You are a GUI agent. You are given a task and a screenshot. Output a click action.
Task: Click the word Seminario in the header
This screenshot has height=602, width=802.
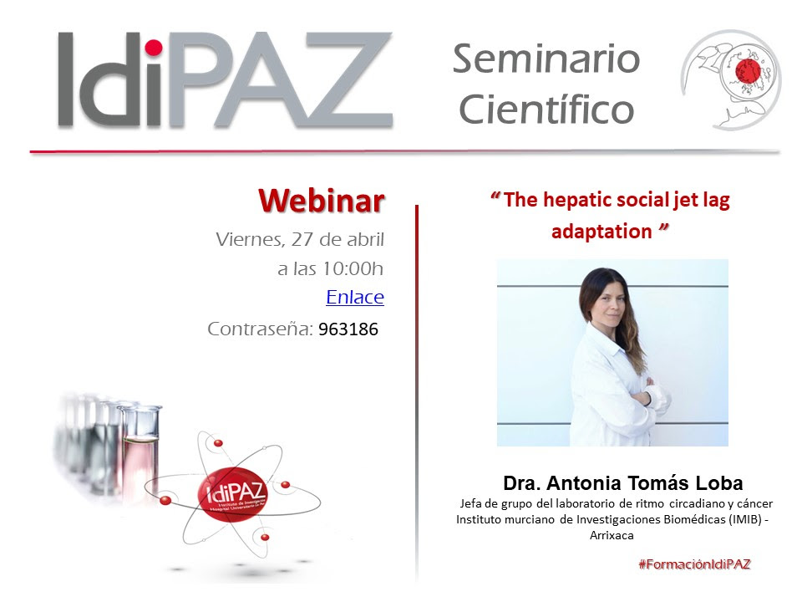tap(546, 59)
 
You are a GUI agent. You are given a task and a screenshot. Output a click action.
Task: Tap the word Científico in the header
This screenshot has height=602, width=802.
tap(546, 109)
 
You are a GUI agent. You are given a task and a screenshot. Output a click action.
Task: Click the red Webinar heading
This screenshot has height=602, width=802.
tap(321, 201)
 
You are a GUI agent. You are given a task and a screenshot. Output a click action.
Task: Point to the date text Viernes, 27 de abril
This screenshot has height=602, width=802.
tap(300, 239)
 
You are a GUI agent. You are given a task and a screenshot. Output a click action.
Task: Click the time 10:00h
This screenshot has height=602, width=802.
tap(354, 269)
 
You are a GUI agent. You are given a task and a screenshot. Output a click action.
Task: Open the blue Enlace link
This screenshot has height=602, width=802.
tap(354, 297)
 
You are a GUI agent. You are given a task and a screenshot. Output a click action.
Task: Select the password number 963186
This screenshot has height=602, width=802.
tap(348, 329)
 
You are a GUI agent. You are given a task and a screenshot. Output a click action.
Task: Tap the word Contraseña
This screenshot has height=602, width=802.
tap(260, 329)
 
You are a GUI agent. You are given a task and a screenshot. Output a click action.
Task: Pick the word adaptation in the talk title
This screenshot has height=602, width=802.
tap(601, 232)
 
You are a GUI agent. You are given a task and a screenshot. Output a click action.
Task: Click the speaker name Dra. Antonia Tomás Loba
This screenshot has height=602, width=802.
tap(622, 483)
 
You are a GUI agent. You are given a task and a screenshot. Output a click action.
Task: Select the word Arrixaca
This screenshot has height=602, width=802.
tap(612, 535)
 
